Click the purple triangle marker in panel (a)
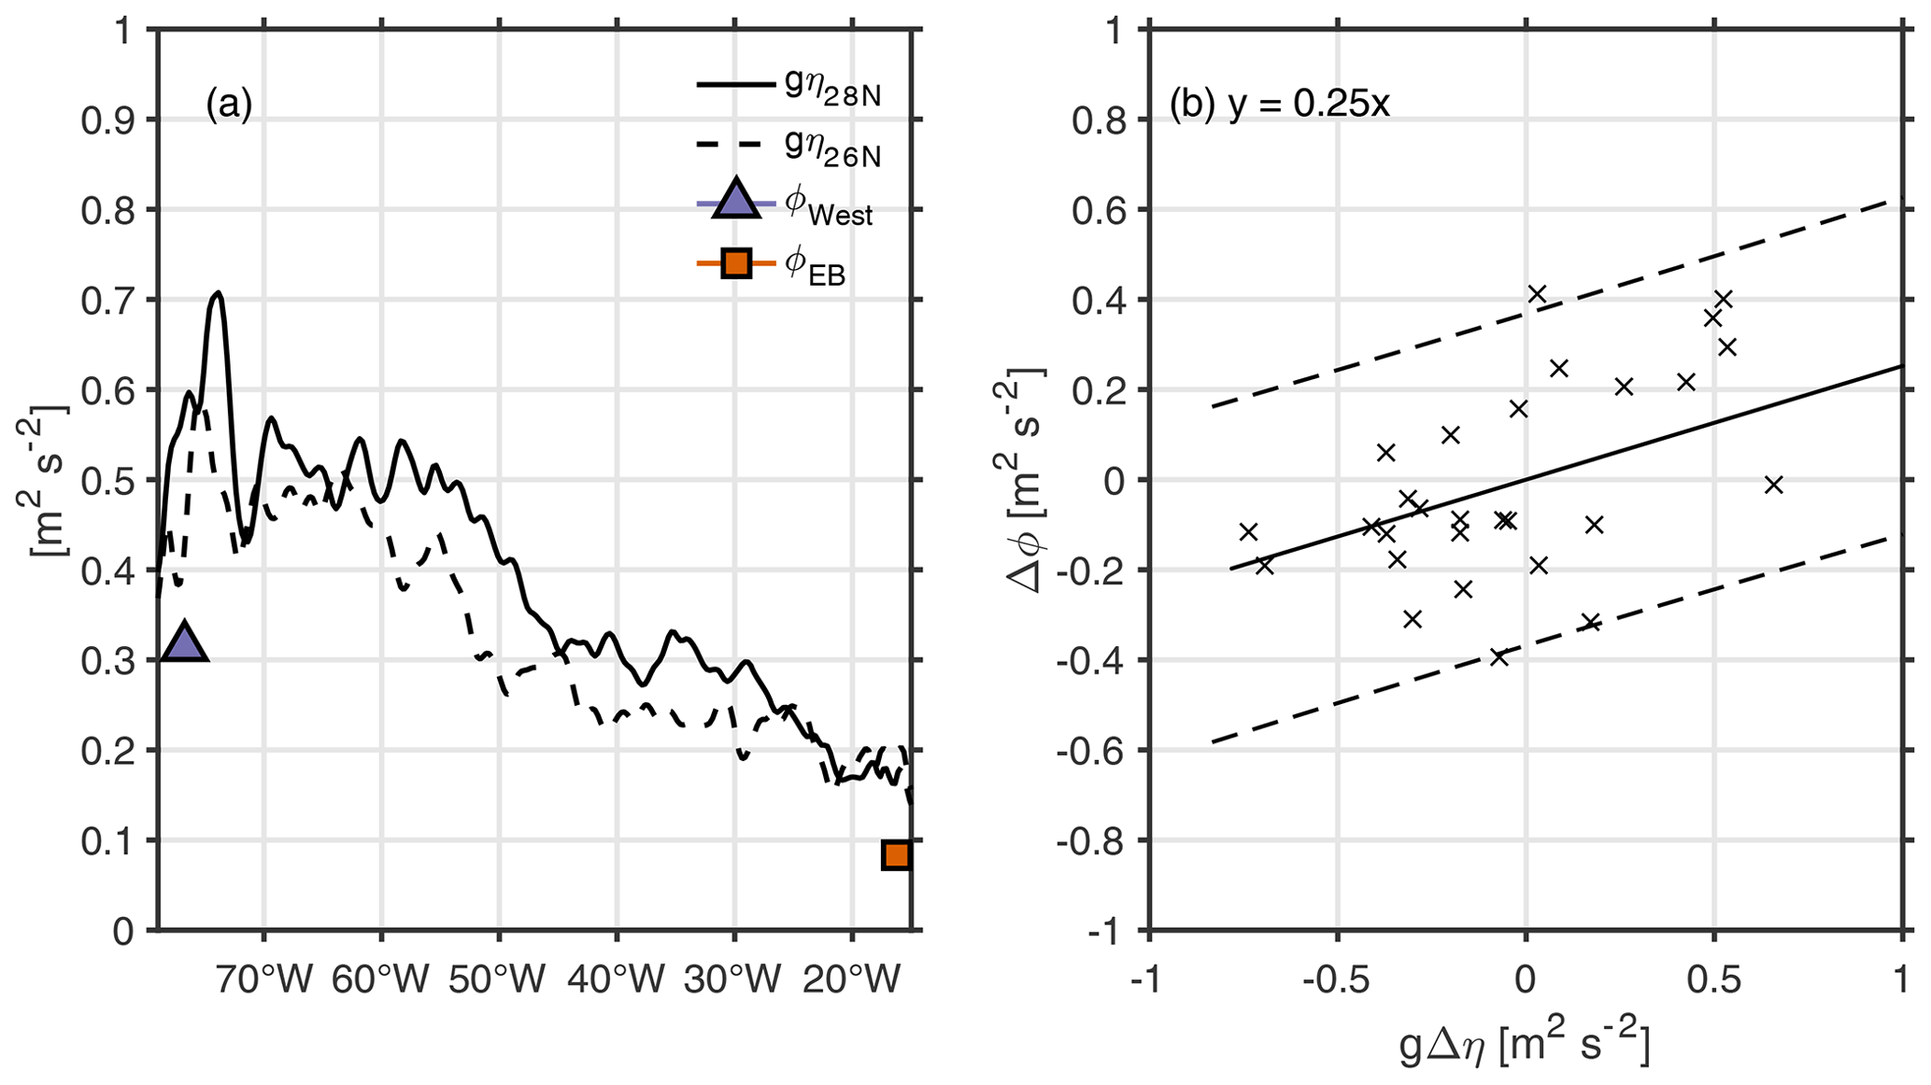184,642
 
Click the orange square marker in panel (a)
896,854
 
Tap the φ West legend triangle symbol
736,200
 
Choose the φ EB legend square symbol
736,264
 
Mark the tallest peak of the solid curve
218,293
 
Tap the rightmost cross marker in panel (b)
1773,484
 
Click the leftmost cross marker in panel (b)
1248,531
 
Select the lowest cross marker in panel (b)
1499,656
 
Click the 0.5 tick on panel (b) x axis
1713,981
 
